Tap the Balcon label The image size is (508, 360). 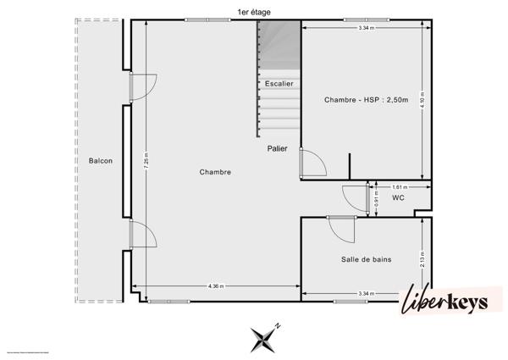(100, 160)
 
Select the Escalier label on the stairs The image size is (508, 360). (279, 83)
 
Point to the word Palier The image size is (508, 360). (277, 148)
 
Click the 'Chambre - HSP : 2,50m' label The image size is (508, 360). (366, 100)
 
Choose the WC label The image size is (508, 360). (399, 198)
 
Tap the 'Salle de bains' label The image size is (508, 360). (365, 259)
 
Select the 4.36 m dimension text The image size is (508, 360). (216, 286)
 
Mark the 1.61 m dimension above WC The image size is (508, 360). (399, 187)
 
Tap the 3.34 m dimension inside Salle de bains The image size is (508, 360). (367, 293)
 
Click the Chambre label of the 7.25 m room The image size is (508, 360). (216, 172)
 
